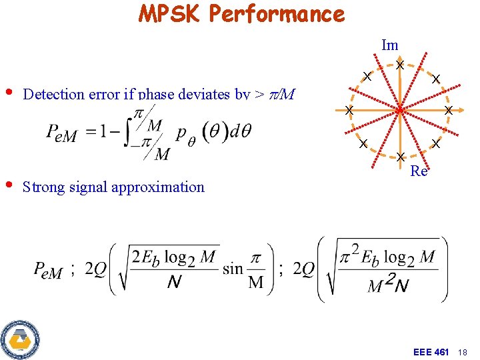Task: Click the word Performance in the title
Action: tap(279, 13)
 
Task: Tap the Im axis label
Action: tap(390, 45)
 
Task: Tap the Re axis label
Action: tap(419, 171)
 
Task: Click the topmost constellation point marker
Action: tap(399, 65)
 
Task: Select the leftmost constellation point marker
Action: tap(348, 109)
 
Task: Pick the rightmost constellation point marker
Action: tap(449, 109)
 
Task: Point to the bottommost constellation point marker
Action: tap(399, 157)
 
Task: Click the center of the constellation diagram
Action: tap(399, 109)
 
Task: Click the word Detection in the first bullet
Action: tap(51, 94)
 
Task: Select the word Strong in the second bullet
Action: tap(43, 187)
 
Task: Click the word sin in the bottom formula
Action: tap(233, 269)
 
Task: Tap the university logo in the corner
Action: tap(20, 339)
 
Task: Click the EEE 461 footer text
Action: tap(431, 351)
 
